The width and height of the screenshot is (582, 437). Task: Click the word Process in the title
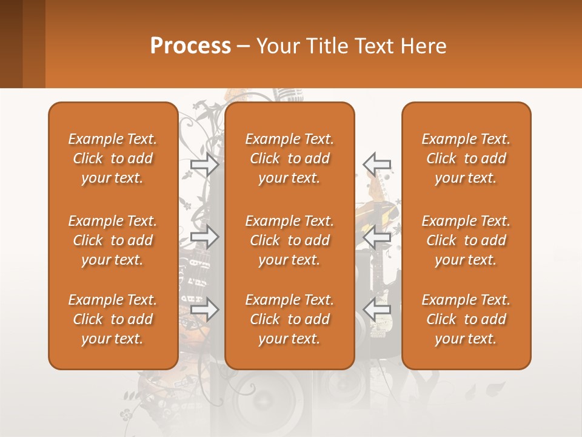[190, 46]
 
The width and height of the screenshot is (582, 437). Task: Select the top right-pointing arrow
[205, 163]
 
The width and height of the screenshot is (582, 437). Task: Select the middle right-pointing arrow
[205, 237]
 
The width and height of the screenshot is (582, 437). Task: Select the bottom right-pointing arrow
[205, 310]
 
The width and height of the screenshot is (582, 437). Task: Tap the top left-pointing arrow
[377, 163]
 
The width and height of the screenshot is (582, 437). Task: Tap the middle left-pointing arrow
[377, 237]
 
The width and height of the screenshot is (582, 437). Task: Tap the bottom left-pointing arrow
[377, 310]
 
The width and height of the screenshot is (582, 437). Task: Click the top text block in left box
[113, 158]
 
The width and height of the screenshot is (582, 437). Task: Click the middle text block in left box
[113, 240]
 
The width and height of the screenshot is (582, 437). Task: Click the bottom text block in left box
[113, 319]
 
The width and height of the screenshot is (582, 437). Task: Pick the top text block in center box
[289, 158]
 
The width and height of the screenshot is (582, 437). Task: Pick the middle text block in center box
[289, 240]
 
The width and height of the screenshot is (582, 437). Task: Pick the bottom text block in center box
[289, 319]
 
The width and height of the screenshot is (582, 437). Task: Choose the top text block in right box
[466, 158]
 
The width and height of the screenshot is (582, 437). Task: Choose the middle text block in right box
[466, 240]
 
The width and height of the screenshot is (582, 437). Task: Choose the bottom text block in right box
[466, 319]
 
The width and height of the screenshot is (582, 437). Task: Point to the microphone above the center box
[290, 95]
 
